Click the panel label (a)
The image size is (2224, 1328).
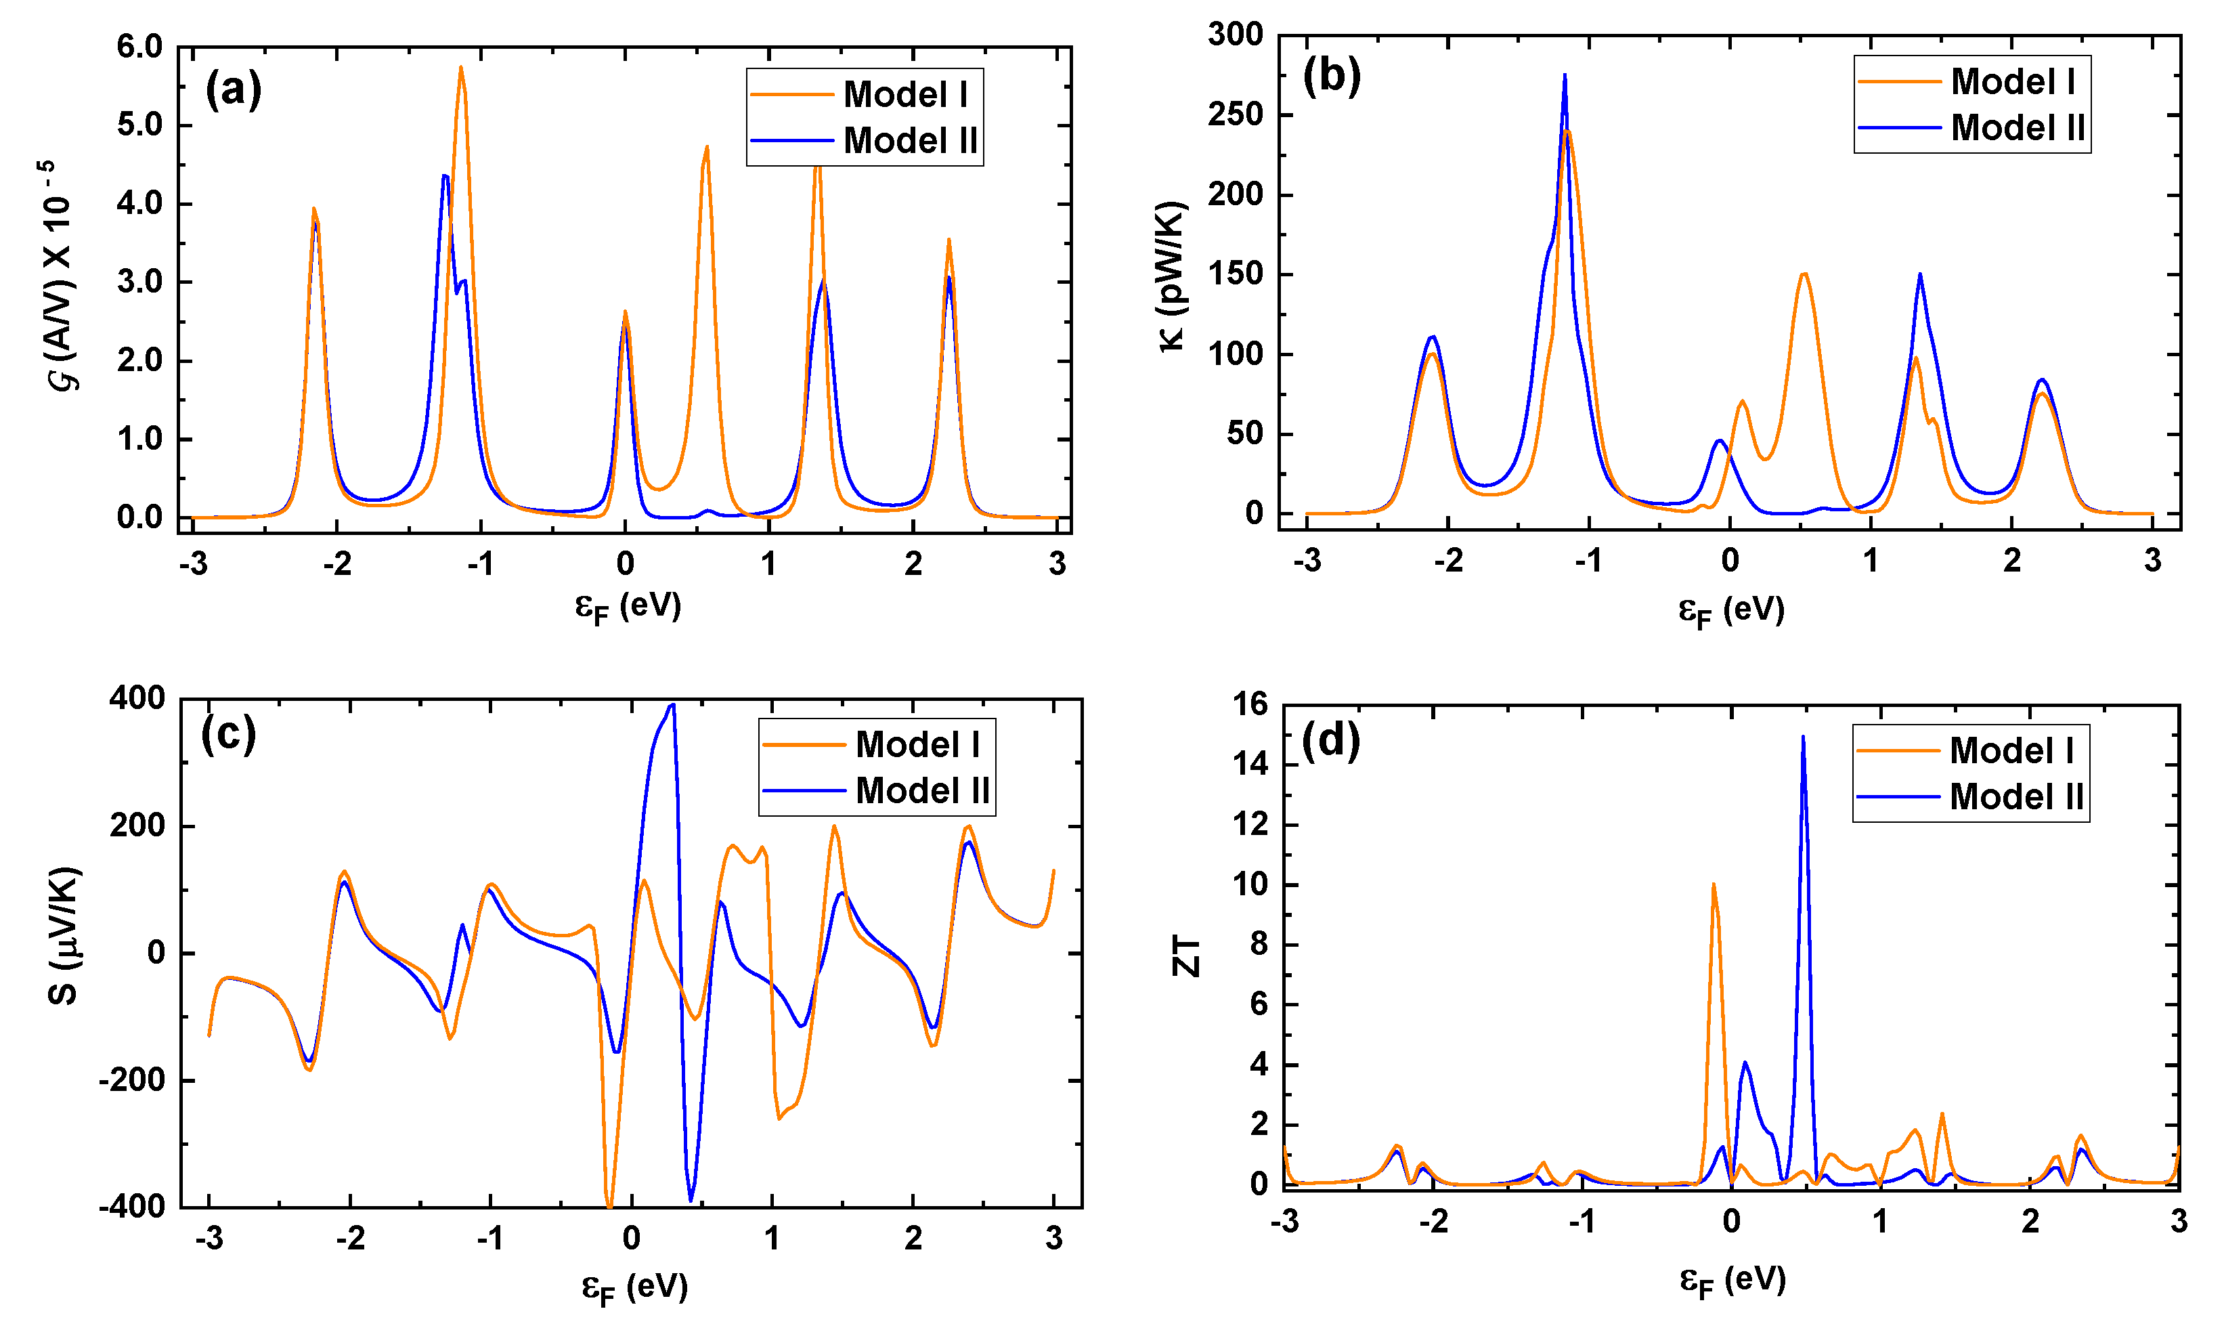[x=233, y=89]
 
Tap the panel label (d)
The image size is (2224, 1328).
[x=1330, y=741]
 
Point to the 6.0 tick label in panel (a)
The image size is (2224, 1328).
[x=139, y=47]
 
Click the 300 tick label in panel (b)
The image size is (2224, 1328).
[x=1236, y=35]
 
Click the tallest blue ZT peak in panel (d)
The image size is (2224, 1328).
[x=1803, y=737]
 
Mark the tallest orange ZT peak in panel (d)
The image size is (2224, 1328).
[x=1713, y=885]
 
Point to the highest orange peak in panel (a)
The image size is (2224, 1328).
[x=461, y=68]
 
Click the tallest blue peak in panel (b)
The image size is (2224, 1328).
[x=1565, y=76]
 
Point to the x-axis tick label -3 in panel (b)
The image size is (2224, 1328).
[x=1307, y=561]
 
